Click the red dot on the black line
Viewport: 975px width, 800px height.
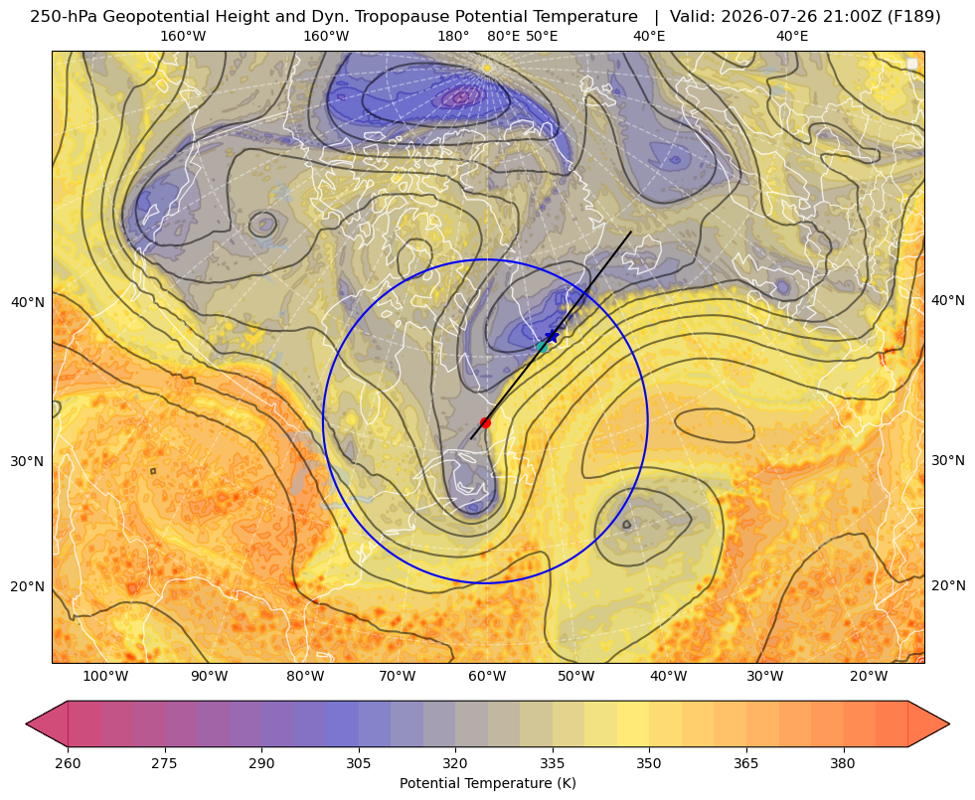tap(486, 422)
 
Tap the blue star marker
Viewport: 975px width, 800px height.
tap(552, 336)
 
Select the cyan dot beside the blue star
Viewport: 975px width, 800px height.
tap(543, 347)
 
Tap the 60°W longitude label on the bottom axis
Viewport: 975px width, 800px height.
tap(487, 676)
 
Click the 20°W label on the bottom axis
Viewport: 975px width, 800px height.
tap(869, 676)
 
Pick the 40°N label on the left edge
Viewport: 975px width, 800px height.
tap(28, 303)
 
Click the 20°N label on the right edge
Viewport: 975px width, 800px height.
tap(948, 585)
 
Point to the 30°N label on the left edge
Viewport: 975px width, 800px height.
tap(28, 461)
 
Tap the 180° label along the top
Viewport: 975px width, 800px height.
tap(453, 36)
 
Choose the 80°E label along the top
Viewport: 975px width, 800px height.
tap(503, 36)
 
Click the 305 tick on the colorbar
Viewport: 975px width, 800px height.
tap(359, 763)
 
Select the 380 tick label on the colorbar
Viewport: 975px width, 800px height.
tap(843, 763)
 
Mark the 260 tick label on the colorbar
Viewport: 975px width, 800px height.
tap(68, 763)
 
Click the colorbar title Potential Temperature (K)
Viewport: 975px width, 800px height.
tap(487, 783)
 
